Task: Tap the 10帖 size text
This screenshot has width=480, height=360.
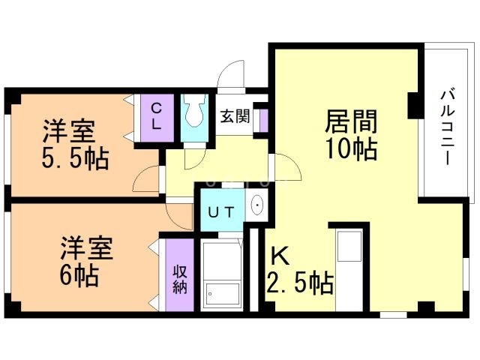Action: pyautogui.click(x=351, y=149)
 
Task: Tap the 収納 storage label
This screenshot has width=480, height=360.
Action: pyautogui.click(x=180, y=277)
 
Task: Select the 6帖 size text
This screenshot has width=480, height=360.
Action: pyautogui.click(x=79, y=275)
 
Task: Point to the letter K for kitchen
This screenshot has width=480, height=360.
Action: pyautogui.click(x=279, y=257)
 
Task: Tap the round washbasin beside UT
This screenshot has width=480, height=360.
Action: pyautogui.click(x=257, y=205)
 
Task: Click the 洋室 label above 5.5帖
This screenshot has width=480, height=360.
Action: pyautogui.click(x=67, y=132)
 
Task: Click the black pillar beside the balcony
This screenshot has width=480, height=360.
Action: pyautogui.click(x=414, y=105)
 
